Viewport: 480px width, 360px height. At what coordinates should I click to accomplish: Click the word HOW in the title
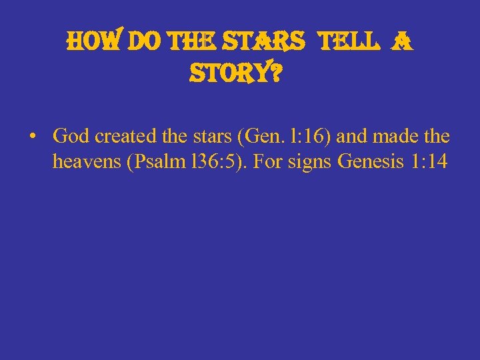click(x=85, y=44)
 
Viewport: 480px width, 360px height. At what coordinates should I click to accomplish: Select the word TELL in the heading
click(x=350, y=44)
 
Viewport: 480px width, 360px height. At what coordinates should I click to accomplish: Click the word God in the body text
click(x=71, y=137)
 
